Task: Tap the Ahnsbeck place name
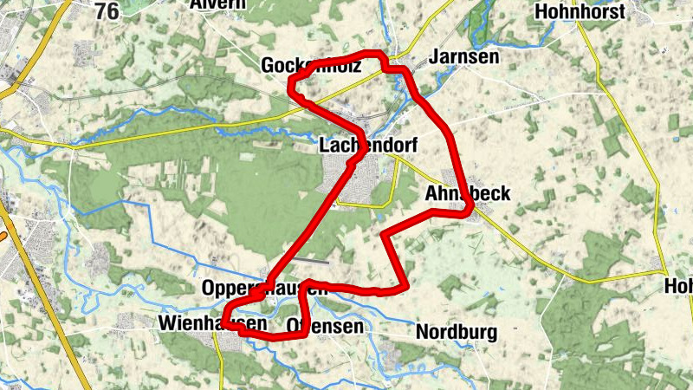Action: (468, 194)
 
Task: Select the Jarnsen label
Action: (464, 58)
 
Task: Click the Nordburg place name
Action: (457, 332)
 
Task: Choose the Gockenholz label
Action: (311, 65)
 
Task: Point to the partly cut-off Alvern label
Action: (217, 4)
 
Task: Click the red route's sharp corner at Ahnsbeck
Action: (469, 208)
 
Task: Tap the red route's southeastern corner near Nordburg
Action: (405, 285)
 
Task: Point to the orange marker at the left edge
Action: (3, 235)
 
